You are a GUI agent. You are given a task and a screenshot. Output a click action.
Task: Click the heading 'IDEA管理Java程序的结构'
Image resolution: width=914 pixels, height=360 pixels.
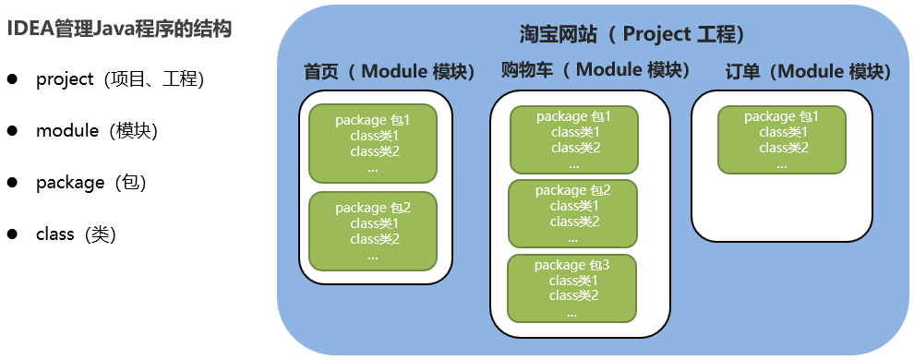(119, 29)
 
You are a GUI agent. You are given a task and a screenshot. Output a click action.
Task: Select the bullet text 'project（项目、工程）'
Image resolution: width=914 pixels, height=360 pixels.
(120, 79)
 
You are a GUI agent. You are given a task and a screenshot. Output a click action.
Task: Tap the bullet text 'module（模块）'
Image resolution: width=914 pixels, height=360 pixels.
(97, 131)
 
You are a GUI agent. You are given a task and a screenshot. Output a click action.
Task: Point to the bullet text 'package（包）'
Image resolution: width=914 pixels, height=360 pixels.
(90, 183)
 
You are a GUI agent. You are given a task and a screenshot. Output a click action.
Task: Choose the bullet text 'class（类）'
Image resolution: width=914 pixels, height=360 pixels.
(77, 234)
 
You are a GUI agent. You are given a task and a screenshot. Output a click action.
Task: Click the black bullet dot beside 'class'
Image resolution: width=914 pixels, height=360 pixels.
(12, 234)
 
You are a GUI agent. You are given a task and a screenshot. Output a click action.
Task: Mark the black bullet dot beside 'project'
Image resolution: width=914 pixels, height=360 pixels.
(12, 79)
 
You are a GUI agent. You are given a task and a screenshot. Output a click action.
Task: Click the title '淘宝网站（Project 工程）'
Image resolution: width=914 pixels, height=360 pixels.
(632, 34)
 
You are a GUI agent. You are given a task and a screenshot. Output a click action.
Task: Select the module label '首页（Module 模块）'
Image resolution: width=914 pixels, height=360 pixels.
(390, 72)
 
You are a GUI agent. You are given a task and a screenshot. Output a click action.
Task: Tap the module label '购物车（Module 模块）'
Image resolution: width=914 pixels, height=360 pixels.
(595, 70)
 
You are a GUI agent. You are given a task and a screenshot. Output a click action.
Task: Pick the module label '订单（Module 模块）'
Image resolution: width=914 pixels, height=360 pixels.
(808, 72)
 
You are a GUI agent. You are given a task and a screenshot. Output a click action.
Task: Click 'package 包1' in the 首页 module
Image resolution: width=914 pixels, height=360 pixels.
(373, 121)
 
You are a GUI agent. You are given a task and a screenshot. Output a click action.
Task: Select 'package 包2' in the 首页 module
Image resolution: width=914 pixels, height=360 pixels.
(373, 208)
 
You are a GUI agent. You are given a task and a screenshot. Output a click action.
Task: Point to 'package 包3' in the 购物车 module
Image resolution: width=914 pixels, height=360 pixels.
(571, 265)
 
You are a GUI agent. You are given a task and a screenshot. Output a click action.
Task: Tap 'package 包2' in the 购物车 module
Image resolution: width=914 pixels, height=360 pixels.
(573, 190)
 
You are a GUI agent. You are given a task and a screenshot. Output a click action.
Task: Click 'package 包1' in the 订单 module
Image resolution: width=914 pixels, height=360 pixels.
(782, 117)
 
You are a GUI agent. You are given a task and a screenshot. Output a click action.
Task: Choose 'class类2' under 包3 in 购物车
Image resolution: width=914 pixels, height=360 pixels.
(573, 295)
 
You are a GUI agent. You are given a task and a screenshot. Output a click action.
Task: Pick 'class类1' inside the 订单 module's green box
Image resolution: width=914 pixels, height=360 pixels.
(784, 132)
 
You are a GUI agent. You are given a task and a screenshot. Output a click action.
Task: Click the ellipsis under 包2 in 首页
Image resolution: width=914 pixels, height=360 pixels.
(373, 257)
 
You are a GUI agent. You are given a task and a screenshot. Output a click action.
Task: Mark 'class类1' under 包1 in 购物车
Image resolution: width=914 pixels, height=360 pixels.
(576, 132)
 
